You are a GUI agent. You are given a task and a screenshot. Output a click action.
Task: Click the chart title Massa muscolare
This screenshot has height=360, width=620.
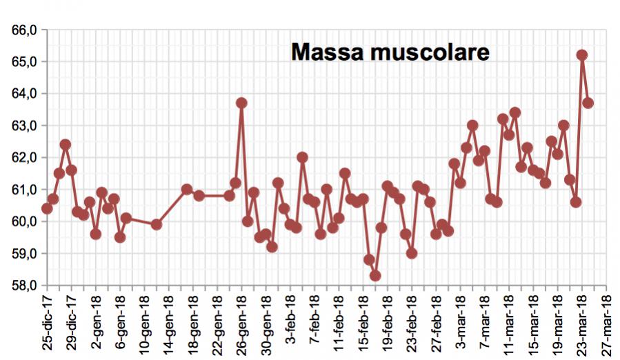pyautogui.click(x=390, y=52)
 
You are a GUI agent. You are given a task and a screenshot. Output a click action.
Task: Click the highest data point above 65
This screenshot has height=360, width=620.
pyautogui.click(x=581, y=55)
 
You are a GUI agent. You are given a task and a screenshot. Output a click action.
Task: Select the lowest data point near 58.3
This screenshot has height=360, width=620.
pyautogui.click(x=375, y=276)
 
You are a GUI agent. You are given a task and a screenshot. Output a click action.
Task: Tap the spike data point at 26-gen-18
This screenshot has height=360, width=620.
pyautogui.click(x=241, y=103)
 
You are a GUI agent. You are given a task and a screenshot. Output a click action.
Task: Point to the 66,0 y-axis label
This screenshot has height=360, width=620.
pyautogui.click(x=24, y=30)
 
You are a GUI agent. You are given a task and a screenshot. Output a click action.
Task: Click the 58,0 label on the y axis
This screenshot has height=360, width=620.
pyautogui.click(x=24, y=286)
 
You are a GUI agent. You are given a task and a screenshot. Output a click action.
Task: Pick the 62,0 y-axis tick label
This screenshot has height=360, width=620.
pyautogui.click(x=24, y=157)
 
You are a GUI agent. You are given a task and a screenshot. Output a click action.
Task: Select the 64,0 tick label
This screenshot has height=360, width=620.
pyautogui.click(x=24, y=94)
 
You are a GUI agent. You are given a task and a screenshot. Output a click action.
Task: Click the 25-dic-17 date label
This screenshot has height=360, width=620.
pyautogui.click(x=48, y=323)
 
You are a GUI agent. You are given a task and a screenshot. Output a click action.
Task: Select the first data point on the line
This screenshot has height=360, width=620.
pyautogui.click(x=47, y=208)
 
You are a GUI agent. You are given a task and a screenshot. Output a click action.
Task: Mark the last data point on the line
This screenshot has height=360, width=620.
pyautogui.click(x=588, y=103)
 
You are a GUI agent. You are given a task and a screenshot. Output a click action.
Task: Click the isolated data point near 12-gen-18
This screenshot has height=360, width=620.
pyautogui.click(x=157, y=224)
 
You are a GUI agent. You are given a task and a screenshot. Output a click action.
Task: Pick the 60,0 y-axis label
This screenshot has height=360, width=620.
pyautogui.click(x=24, y=221)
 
